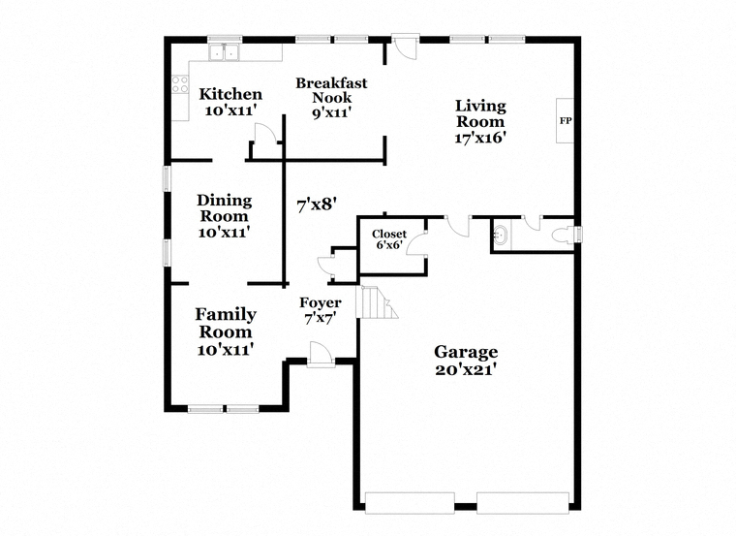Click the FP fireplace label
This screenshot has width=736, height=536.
[x=566, y=121]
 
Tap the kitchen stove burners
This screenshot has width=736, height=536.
[x=180, y=84]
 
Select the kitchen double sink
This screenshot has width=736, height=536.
[x=224, y=52]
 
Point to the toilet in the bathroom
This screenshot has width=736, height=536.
[x=563, y=235]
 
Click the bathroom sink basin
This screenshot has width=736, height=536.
[x=502, y=235]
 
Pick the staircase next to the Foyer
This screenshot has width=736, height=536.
[x=377, y=301]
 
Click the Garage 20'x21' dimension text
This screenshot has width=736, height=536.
[x=466, y=369]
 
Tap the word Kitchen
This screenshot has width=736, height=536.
[x=230, y=94]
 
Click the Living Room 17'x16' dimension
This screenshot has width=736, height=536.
[x=480, y=138]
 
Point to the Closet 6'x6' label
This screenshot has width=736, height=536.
[x=389, y=238]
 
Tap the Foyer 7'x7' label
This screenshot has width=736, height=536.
[x=321, y=310]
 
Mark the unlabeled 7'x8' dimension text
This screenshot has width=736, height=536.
[x=317, y=205]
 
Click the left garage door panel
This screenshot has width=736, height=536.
[x=410, y=502]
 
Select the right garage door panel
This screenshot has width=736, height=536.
[x=523, y=502]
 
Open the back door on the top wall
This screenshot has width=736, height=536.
[x=405, y=46]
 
